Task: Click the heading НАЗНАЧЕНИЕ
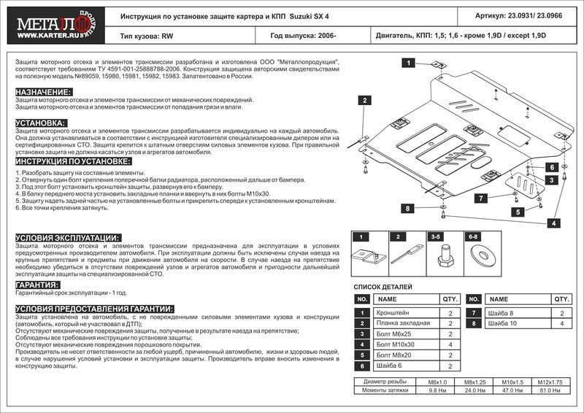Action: pos(43,91)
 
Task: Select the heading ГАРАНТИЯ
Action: pos(37,285)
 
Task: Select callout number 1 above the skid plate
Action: pos(404,64)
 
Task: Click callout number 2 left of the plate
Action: pos(363,100)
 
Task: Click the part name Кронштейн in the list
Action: pos(393,313)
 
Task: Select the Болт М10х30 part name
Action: pos(397,344)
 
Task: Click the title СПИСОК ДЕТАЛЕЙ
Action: pos(383,287)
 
